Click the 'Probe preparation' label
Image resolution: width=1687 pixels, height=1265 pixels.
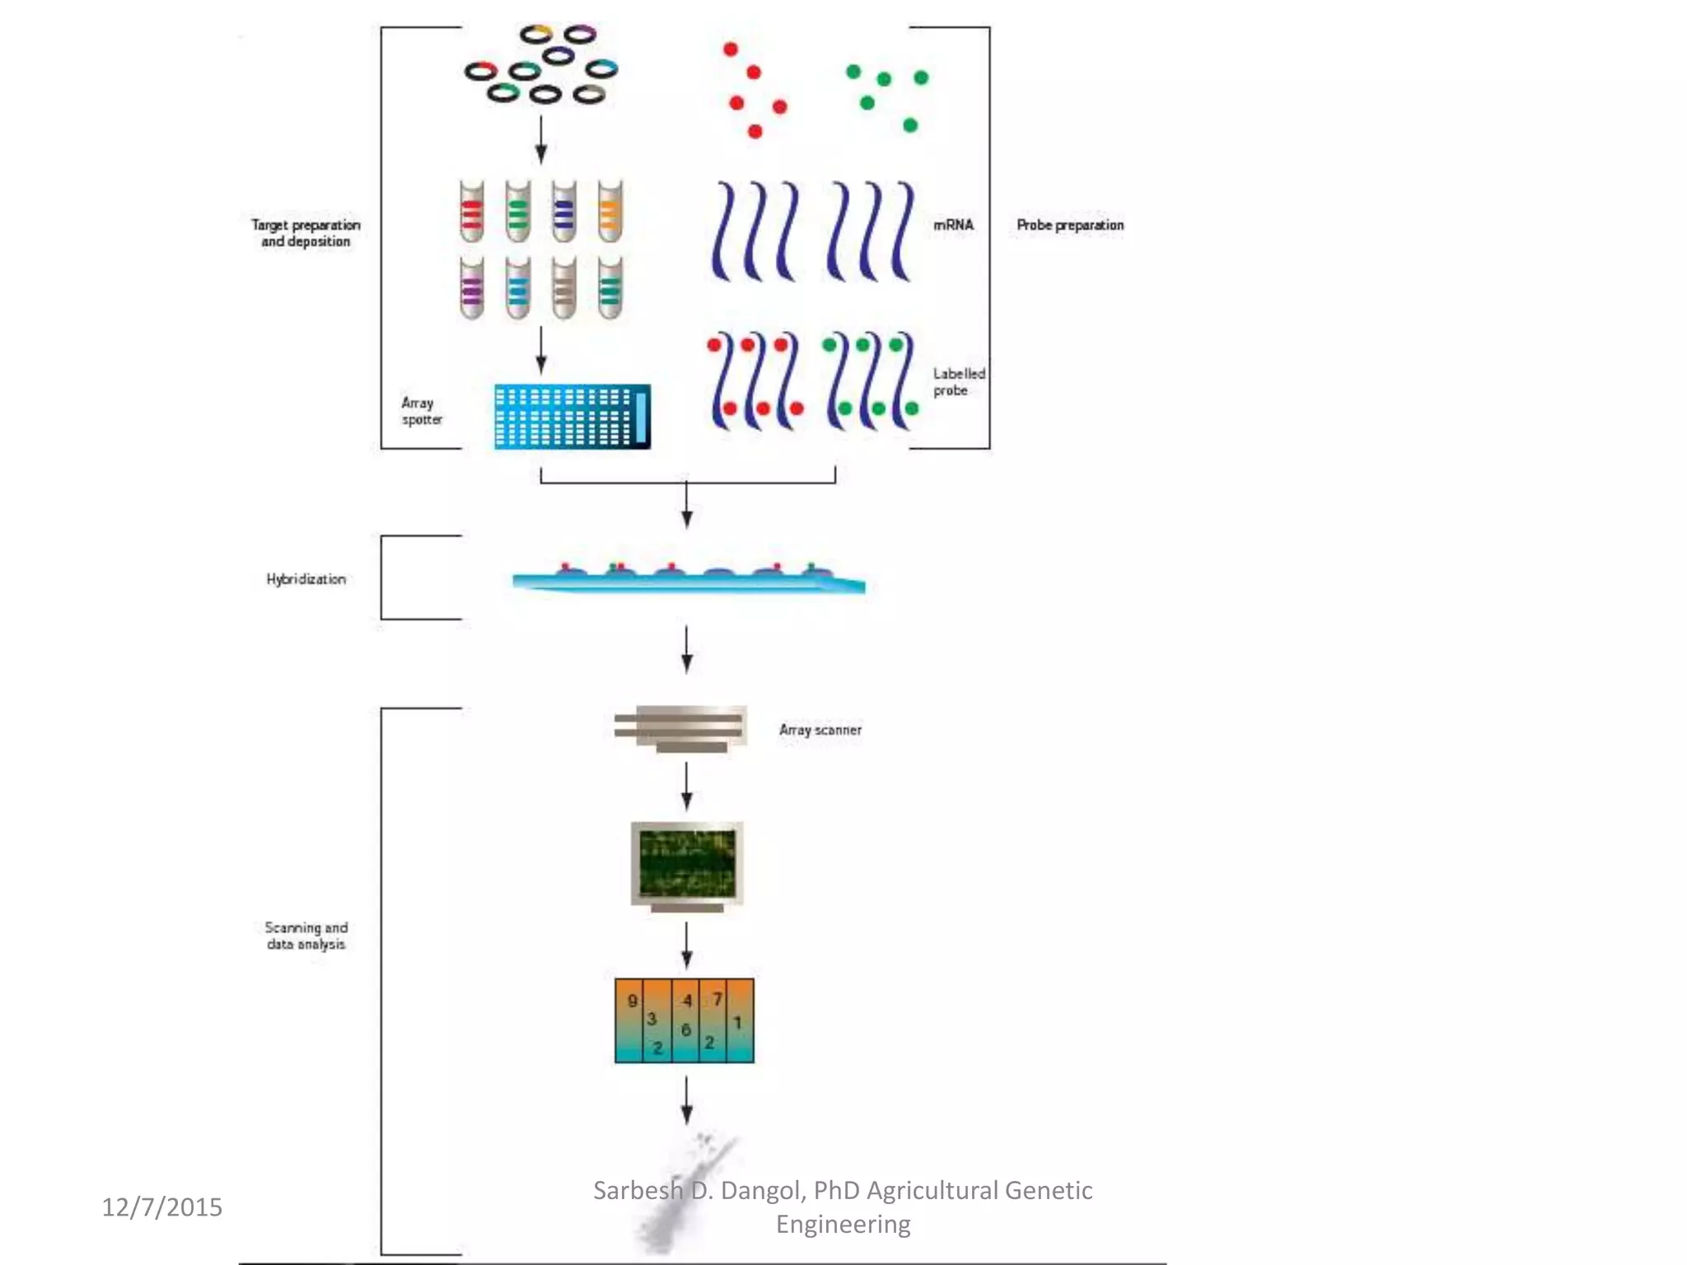(1069, 225)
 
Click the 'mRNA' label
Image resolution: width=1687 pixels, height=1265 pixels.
(953, 225)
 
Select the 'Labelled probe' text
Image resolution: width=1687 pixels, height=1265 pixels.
(958, 382)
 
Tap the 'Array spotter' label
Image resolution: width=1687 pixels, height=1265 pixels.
(421, 411)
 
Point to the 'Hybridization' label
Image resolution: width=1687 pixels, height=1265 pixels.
(306, 579)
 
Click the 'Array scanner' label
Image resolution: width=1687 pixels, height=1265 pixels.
(820, 730)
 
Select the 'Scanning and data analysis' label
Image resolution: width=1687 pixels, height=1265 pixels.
(306, 936)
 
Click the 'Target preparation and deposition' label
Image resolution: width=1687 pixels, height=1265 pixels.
(306, 233)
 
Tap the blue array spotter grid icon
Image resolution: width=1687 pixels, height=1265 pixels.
(572, 416)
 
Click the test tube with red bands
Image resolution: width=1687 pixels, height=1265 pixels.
(471, 212)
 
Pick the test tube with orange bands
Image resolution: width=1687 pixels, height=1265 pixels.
(610, 212)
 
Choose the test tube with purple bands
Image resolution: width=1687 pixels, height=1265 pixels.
(471, 287)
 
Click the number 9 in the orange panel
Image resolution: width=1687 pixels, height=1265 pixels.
(632, 1001)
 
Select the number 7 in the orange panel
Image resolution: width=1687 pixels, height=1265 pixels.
(717, 999)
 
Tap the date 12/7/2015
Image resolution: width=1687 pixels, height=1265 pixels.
(161, 1207)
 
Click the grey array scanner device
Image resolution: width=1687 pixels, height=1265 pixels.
(680, 728)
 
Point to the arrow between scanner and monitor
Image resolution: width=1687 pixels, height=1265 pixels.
(686, 787)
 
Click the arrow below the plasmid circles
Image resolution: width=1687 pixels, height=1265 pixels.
(540, 140)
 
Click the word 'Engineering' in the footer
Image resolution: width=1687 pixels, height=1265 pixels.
(843, 1224)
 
